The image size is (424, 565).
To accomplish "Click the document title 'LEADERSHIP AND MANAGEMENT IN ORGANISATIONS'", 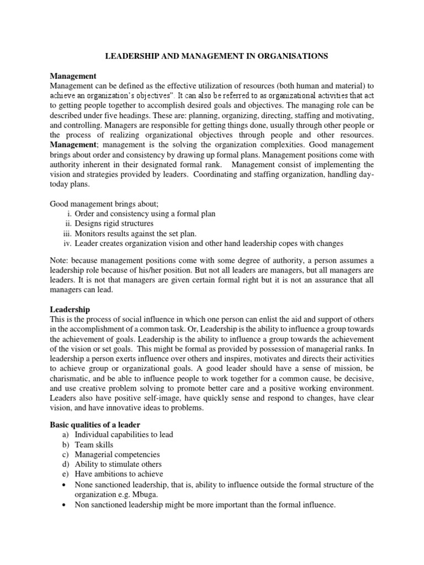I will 212,56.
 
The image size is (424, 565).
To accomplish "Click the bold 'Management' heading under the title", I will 73,76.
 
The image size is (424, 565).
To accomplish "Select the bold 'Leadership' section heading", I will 70,310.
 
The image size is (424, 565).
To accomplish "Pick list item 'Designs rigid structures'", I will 114,223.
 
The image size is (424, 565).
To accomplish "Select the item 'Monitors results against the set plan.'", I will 136,233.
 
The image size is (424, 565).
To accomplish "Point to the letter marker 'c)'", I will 66,455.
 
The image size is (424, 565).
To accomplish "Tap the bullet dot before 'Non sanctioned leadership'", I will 67,505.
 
